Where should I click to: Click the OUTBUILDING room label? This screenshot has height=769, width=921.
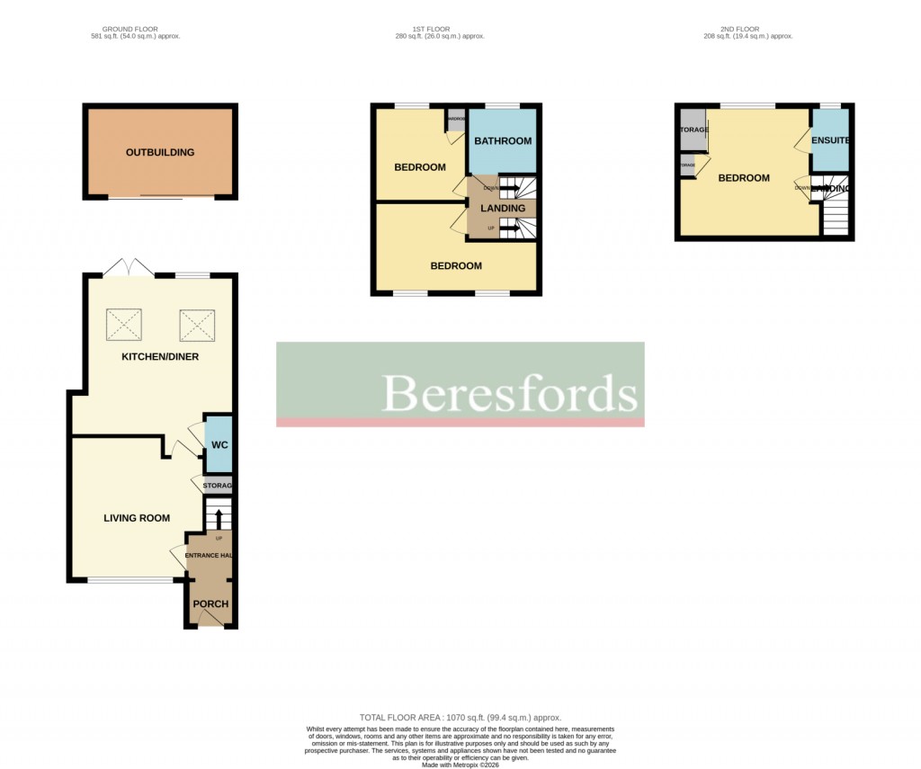click(x=160, y=152)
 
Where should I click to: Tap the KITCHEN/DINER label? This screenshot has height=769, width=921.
click(x=160, y=357)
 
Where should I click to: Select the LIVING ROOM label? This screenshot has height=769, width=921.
click(x=137, y=517)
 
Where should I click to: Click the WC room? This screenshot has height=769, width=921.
click(x=219, y=445)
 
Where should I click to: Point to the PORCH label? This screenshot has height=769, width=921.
click(x=210, y=604)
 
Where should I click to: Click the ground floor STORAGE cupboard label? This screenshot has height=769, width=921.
click(x=217, y=487)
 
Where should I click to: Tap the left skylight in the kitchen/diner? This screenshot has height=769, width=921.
click(x=124, y=325)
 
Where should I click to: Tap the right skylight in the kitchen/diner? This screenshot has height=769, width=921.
click(x=197, y=325)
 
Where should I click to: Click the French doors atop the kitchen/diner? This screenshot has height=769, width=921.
click(x=128, y=267)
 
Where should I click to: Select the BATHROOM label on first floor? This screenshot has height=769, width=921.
click(x=503, y=140)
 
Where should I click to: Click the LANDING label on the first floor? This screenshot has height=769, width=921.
click(x=503, y=209)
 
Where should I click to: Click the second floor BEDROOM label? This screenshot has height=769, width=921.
click(x=744, y=178)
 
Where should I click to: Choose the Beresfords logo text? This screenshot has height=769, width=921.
click(x=509, y=392)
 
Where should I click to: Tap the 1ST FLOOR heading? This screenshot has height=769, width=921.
click(x=440, y=29)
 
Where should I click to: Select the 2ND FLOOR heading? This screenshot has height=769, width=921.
click(x=748, y=29)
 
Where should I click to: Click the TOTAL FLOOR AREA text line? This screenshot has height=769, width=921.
click(x=460, y=718)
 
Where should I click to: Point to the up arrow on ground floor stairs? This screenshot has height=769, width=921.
click(x=218, y=519)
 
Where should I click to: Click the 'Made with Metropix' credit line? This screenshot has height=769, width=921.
click(x=460, y=765)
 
